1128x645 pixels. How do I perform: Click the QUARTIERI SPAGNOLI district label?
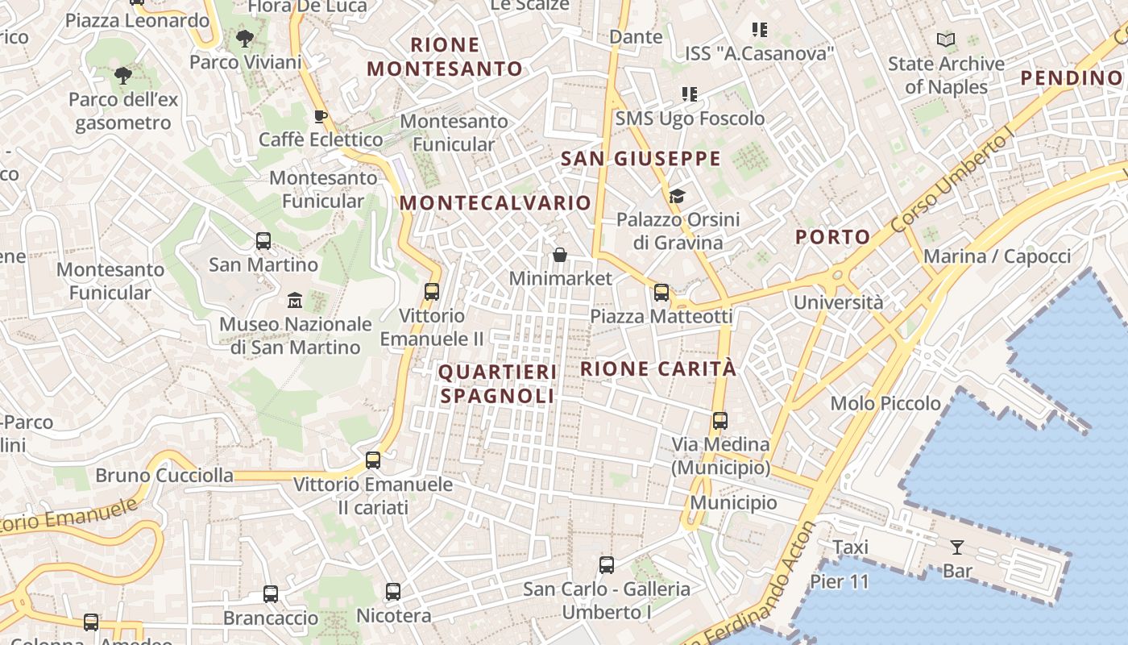pyautogui.click(x=497, y=384)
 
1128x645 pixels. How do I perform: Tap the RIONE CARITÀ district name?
pyautogui.click(x=658, y=368)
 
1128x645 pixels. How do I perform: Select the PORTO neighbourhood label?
pyautogui.click(x=833, y=237)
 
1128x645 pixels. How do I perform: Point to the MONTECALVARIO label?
pyautogui.click(x=496, y=203)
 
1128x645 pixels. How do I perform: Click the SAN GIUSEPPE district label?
pyautogui.click(x=641, y=159)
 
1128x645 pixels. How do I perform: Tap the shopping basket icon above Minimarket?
pyautogui.click(x=560, y=255)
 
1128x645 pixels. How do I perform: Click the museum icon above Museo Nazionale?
pyautogui.click(x=295, y=301)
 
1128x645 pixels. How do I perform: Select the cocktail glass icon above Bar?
pyautogui.click(x=956, y=547)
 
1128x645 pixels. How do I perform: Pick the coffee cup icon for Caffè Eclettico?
pyautogui.click(x=321, y=116)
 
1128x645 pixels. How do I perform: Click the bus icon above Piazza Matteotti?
pyautogui.click(x=661, y=293)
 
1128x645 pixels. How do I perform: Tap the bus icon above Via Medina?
pyautogui.click(x=720, y=421)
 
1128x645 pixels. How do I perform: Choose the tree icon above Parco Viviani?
pyautogui.click(x=245, y=38)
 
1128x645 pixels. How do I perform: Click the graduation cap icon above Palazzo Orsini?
pyautogui.click(x=677, y=196)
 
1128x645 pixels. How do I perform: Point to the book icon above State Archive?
pyautogui.click(x=946, y=40)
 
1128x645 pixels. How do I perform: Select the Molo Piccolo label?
pyautogui.click(x=885, y=403)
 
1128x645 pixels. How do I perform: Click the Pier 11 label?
pyautogui.click(x=840, y=581)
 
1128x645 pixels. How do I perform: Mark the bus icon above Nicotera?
pyautogui.click(x=393, y=592)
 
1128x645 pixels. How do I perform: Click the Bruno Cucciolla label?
pyautogui.click(x=164, y=476)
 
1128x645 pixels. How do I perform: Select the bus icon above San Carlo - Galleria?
pyautogui.click(x=607, y=565)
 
